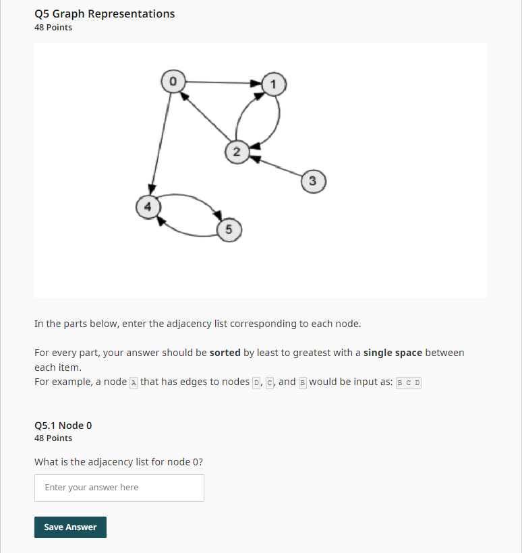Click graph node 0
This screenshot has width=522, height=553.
(x=173, y=81)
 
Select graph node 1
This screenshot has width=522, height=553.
(x=274, y=84)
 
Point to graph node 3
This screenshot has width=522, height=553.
(x=312, y=181)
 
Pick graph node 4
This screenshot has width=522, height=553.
(x=148, y=206)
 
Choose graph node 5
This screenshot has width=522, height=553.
(x=229, y=230)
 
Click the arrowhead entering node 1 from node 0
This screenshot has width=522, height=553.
(x=257, y=84)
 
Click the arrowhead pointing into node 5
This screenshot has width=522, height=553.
(x=218, y=215)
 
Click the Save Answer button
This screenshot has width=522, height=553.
(x=70, y=527)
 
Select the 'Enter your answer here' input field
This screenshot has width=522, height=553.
(x=119, y=488)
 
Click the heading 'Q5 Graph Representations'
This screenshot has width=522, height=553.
(x=105, y=13)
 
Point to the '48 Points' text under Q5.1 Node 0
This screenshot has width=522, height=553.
(x=53, y=438)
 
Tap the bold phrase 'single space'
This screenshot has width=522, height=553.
(x=393, y=353)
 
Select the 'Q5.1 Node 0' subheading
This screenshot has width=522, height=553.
(x=63, y=426)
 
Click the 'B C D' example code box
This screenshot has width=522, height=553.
(x=409, y=382)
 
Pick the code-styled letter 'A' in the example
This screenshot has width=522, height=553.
(x=133, y=382)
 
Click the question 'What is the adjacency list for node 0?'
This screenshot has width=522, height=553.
(x=119, y=462)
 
